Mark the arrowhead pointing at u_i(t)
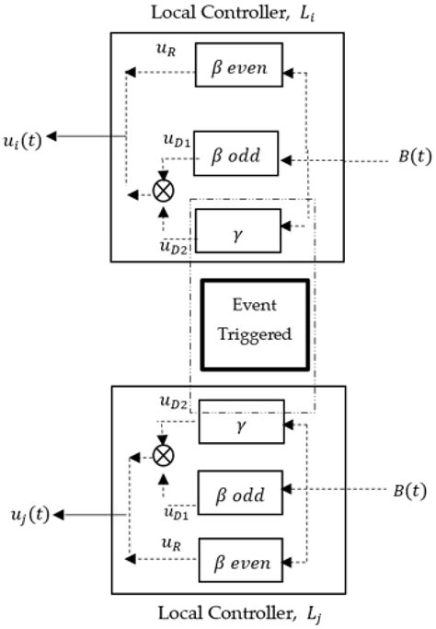tap(52, 137)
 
